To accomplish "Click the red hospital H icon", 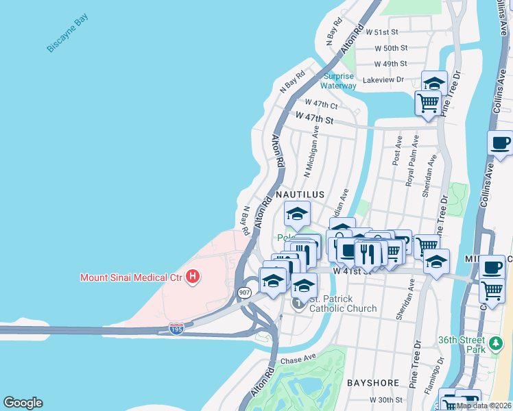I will [193, 277].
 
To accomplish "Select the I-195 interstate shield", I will [176, 329].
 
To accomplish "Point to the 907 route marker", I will [245, 292].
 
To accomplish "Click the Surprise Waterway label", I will [339, 82].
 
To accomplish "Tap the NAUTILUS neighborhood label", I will [300, 195].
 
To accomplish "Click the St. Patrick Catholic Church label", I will [342, 303].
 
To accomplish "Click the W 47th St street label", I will [314, 119].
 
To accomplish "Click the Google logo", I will [23, 403].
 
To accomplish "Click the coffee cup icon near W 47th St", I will [500, 144].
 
